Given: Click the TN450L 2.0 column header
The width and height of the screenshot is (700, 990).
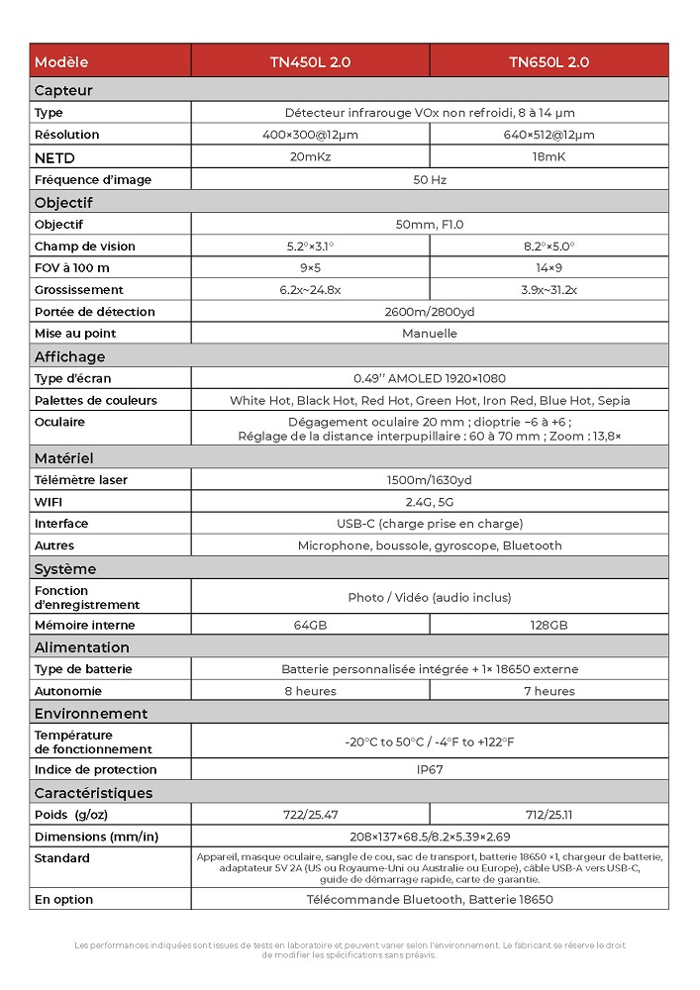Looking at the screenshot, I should pyautogui.click(x=310, y=61).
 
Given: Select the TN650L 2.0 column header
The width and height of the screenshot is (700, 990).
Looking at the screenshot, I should pyautogui.click(x=549, y=61).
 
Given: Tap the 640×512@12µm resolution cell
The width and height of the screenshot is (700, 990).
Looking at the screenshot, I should pyautogui.click(x=549, y=135).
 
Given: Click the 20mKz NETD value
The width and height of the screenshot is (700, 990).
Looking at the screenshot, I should pyautogui.click(x=310, y=157).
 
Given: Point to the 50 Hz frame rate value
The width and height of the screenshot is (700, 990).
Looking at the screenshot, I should pyautogui.click(x=429, y=180).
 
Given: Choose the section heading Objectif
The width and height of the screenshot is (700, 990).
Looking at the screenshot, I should pyautogui.click(x=63, y=202).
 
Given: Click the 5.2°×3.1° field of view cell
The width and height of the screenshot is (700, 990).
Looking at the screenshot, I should pyautogui.click(x=310, y=247).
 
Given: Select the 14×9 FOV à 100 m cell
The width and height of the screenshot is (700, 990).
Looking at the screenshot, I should pyautogui.click(x=549, y=268).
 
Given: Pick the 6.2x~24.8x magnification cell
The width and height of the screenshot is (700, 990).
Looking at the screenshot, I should pyautogui.click(x=310, y=290).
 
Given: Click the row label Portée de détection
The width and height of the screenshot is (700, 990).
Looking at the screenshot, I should pyautogui.click(x=94, y=312).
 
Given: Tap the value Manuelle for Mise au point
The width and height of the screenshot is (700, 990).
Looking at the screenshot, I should pyautogui.click(x=429, y=334).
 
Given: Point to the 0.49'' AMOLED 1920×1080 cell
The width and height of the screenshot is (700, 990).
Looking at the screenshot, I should pyautogui.click(x=429, y=378).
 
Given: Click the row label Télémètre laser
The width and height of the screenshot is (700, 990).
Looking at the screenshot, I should pyautogui.click(x=80, y=480).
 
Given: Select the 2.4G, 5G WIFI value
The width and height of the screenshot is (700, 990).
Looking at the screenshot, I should pyautogui.click(x=429, y=502).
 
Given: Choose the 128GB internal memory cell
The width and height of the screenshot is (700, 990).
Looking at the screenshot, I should pyautogui.click(x=549, y=626).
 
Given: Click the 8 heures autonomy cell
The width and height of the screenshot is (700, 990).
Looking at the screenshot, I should pyautogui.click(x=310, y=691).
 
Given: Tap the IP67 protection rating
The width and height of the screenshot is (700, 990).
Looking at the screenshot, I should pyautogui.click(x=429, y=769).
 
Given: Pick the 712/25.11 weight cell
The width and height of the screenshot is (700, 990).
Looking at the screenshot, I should pyautogui.click(x=549, y=815).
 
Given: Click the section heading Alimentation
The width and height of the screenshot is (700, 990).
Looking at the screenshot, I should pyautogui.click(x=81, y=647).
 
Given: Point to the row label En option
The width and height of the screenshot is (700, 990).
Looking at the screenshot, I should pyautogui.click(x=63, y=900).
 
